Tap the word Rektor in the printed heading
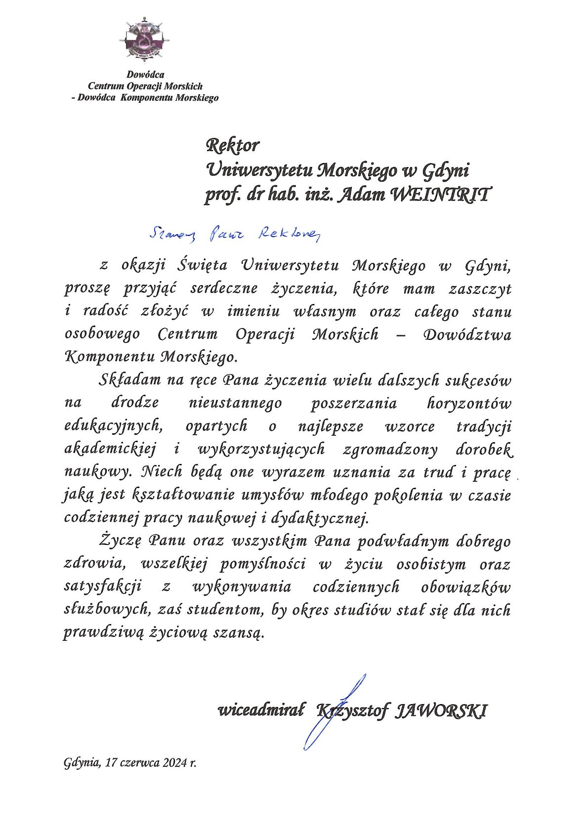[x=232, y=146]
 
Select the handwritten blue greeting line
[x=235, y=234]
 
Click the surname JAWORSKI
[x=442, y=711]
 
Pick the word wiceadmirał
[x=262, y=711]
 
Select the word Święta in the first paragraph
[x=202, y=266]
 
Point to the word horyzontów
[x=468, y=403]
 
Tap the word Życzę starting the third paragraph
[x=120, y=541]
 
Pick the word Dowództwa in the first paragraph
[x=467, y=335]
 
